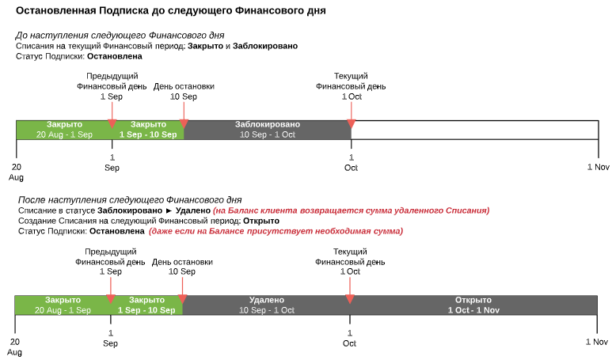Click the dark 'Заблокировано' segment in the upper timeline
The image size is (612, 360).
[x=268, y=130]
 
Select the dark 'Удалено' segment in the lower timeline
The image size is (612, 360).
[x=266, y=305]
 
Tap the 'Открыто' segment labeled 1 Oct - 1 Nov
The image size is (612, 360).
[x=473, y=305]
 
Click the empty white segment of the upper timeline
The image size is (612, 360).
[x=474, y=130]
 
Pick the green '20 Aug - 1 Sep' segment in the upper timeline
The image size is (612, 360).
[x=64, y=130]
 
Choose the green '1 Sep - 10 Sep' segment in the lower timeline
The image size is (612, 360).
[x=146, y=305]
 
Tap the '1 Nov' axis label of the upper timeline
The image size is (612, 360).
[x=598, y=167]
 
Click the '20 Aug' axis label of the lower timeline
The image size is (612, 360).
[x=14, y=347]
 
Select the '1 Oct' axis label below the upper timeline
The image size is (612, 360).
[x=351, y=163]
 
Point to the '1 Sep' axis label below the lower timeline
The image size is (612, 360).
[x=111, y=338]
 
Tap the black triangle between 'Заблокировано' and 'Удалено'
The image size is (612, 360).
[x=169, y=210]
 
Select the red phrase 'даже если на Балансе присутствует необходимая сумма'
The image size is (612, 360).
[x=276, y=231]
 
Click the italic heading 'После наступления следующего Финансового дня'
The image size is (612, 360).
[x=130, y=200]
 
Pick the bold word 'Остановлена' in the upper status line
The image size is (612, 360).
[x=114, y=56]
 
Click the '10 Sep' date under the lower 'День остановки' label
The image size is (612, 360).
[x=182, y=271]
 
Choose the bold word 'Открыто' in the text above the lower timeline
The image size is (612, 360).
[x=261, y=222]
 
